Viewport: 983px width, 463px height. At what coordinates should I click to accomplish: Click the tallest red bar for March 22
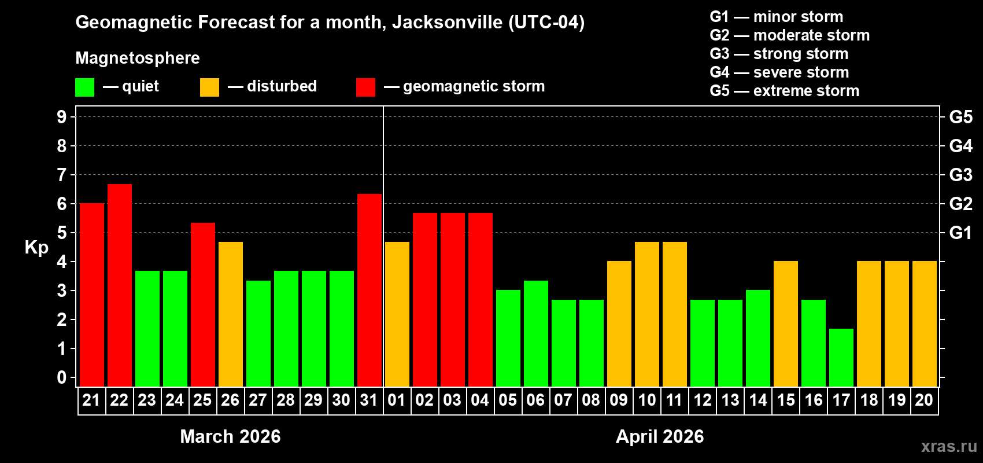coord(120,285)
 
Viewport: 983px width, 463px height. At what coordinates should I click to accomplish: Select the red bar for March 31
coord(369,289)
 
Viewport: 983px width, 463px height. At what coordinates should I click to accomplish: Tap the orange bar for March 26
coord(231,314)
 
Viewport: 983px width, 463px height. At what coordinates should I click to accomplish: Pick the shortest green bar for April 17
coord(841,357)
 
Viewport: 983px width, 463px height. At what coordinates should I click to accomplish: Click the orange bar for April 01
coord(397,314)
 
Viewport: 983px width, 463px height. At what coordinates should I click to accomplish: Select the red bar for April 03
coord(453,299)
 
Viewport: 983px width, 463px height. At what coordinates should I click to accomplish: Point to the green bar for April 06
coord(536,333)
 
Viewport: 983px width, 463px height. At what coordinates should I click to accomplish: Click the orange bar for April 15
coord(786,324)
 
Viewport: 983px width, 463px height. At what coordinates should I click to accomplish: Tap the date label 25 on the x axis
coord(202,400)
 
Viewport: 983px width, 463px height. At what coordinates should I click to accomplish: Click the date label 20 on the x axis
coord(924,400)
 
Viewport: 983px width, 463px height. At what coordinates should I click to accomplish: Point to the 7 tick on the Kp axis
coord(62,175)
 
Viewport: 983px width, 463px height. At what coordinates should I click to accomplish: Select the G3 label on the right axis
coord(960,175)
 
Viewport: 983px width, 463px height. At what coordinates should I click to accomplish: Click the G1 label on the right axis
coord(960,233)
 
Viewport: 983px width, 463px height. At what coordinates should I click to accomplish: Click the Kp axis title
coord(36,248)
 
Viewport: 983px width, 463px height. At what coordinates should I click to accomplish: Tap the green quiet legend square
coord(85,87)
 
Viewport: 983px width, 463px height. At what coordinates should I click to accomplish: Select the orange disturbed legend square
coord(209,87)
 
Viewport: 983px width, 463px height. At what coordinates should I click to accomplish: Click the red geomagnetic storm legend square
coord(365,87)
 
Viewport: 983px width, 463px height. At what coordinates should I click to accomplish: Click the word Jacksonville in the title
coord(447,23)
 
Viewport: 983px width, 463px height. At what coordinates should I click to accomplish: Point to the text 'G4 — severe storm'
coord(779,72)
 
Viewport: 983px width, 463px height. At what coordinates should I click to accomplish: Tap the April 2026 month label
coord(660,436)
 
